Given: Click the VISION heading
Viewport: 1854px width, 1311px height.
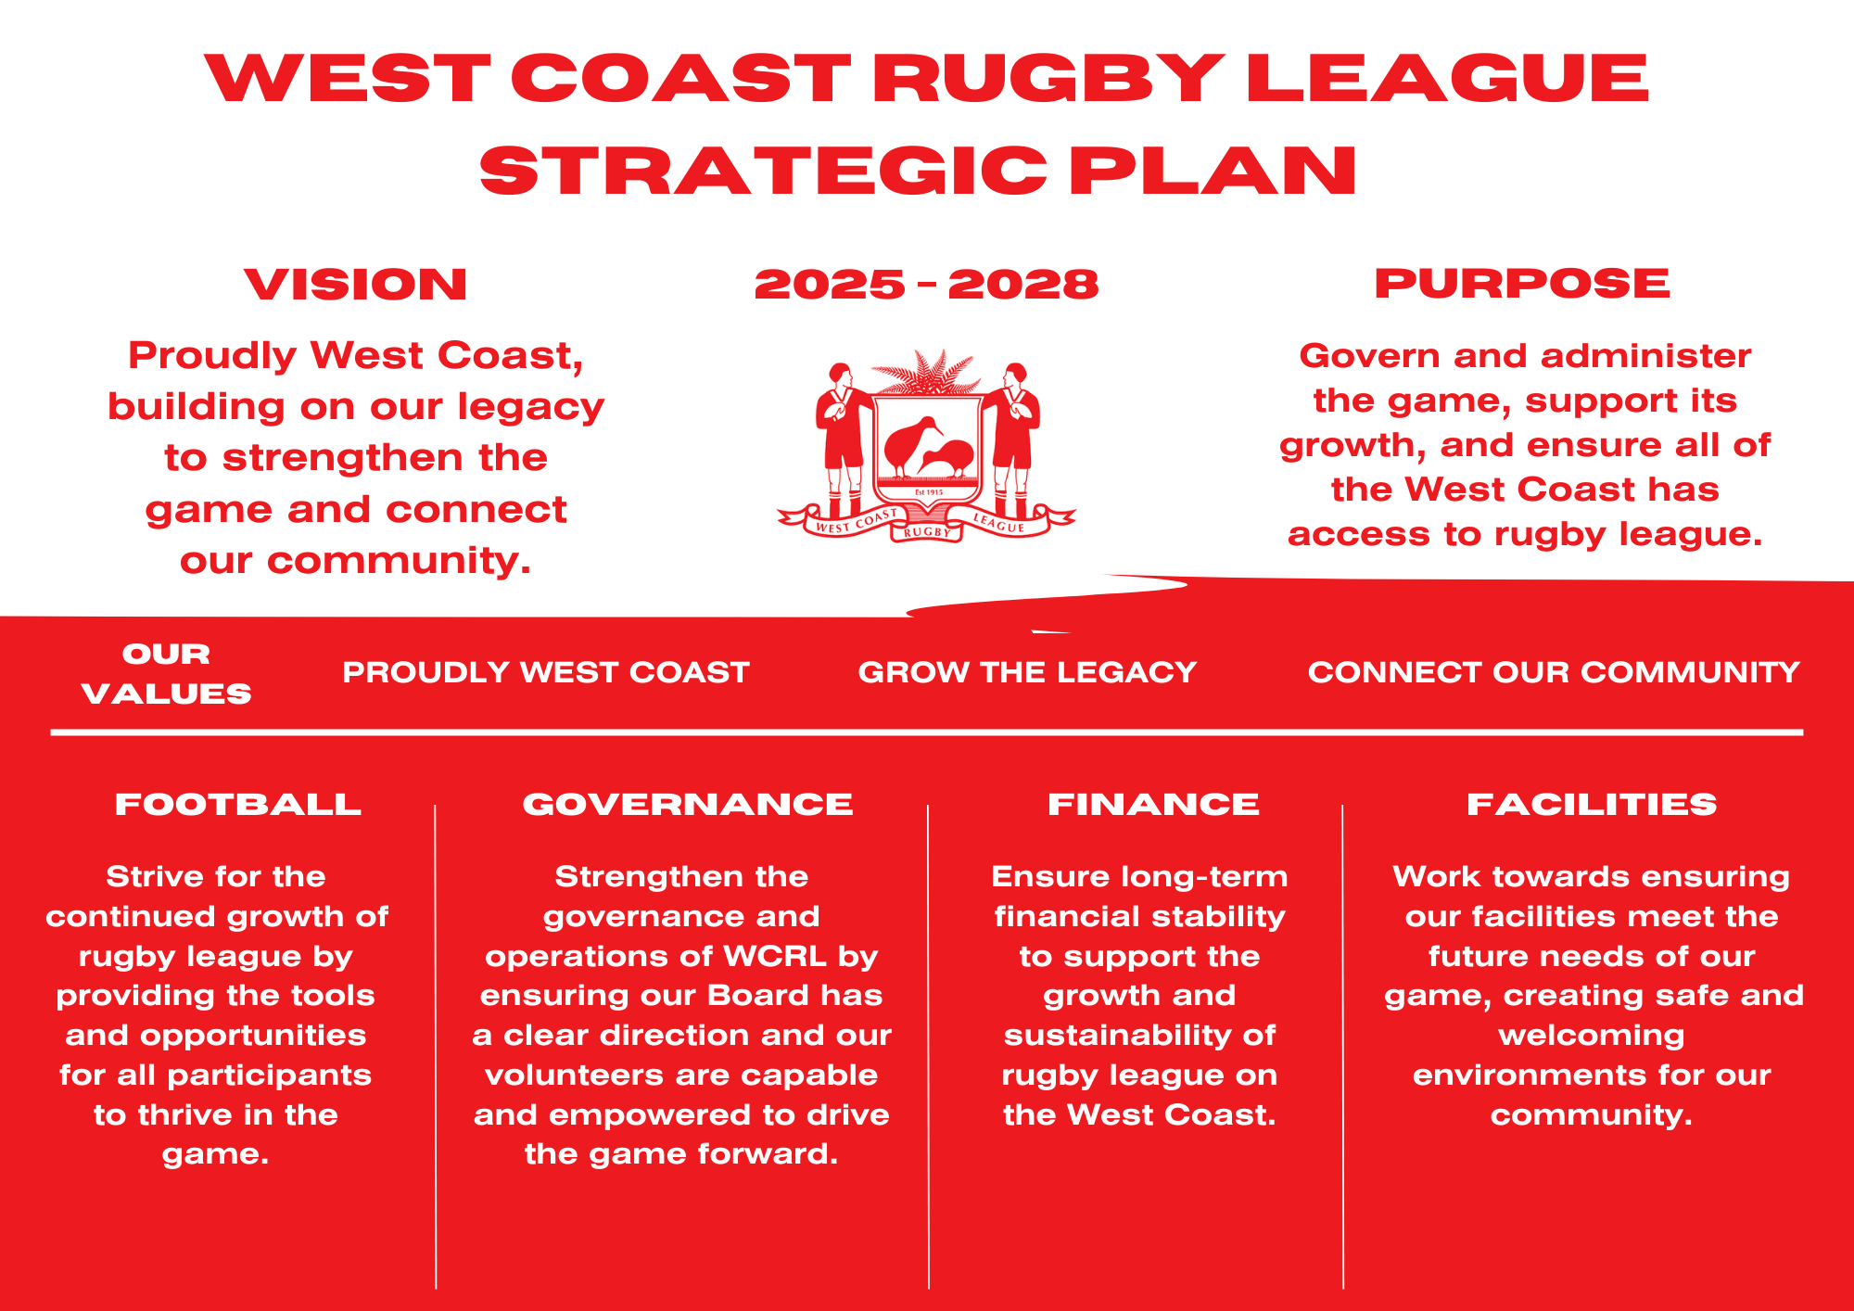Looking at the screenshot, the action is (356, 284).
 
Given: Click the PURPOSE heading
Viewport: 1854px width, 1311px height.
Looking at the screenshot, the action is (1522, 283).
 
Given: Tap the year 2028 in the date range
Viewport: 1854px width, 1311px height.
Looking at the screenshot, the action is (1023, 284).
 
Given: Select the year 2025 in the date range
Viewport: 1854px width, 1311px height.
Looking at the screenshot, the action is (830, 284).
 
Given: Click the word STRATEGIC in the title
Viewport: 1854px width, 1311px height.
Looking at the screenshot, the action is (763, 171).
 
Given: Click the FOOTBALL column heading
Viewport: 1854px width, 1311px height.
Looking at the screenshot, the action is (238, 804).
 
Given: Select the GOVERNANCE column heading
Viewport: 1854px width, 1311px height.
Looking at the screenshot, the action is (688, 804).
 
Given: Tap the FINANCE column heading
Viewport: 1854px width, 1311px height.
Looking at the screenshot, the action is (1153, 804).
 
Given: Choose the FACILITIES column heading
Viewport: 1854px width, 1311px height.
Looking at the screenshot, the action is (1592, 804).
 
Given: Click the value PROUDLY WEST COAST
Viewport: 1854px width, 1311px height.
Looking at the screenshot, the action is (546, 672).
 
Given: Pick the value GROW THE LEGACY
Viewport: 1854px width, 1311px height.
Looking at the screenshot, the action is (1027, 672).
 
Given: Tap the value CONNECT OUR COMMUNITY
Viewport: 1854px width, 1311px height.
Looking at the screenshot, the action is (1554, 672).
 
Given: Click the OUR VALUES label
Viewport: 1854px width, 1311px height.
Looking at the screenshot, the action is (167, 674).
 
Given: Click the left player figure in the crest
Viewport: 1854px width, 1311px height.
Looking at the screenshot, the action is (842, 436).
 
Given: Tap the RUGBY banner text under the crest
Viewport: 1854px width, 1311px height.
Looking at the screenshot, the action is (927, 532).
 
